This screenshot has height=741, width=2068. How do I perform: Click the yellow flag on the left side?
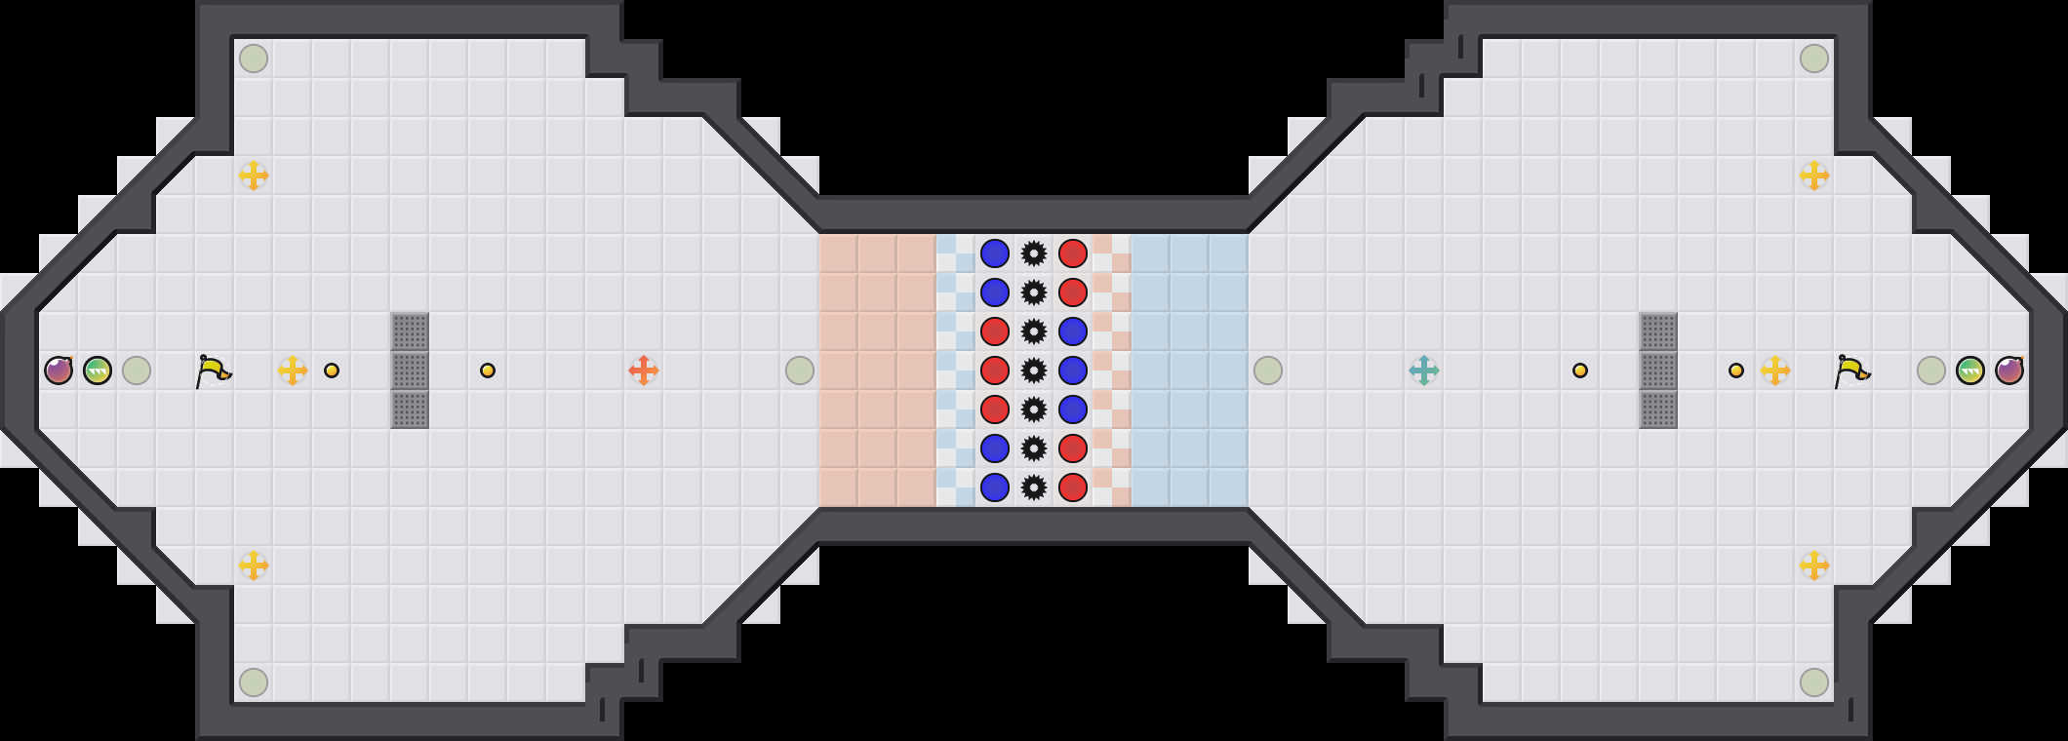pyautogui.click(x=214, y=370)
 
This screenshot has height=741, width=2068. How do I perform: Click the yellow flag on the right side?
pyautogui.click(x=1852, y=370)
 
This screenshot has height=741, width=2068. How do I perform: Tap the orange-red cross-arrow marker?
pyautogui.click(x=644, y=370)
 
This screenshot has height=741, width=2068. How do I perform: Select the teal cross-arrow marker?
pyautogui.click(x=1424, y=370)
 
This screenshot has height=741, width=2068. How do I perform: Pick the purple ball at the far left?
pyautogui.click(x=59, y=370)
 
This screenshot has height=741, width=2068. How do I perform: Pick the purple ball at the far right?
pyautogui.click(x=2009, y=370)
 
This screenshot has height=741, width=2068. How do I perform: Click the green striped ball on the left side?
pyautogui.click(x=98, y=370)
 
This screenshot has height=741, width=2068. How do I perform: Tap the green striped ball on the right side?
pyautogui.click(x=1970, y=370)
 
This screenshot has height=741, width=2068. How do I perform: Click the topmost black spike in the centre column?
pyautogui.click(x=1034, y=253)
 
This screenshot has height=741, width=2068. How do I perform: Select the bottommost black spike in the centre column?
pyautogui.click(x=1034, y=487)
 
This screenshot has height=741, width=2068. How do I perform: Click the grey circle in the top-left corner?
pyautogui.click(x=254, y=58)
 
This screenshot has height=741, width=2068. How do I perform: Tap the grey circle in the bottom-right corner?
pyautogui.click(x=1814, y=682)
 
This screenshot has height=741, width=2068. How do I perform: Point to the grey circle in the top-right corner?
pyautogui.click(x=1814, y=58)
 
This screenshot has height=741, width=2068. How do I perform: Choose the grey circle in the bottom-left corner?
pyautogui.click(x=254, y=682)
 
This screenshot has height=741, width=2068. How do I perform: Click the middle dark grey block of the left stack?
pyautogui.click(x=410, y=370)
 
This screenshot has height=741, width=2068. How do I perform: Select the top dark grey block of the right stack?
pyautogui.click(x=1658, y=331)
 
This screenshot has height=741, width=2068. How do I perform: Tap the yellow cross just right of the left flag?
pyautogui.click(x=293, y=370)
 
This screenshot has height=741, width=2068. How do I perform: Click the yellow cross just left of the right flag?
pyautogui.click(x=1775, y=370)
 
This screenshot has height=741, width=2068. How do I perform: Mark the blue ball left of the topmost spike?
pyautogui.click(x=995, y=253)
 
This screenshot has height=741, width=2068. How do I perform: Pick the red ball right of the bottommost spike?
pyautogui.click(x=1073, y=487)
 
